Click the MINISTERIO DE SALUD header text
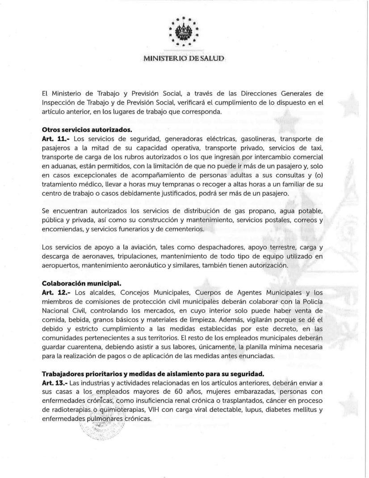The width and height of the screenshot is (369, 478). pos(184,59)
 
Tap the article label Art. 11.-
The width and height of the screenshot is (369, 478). pos(56,139)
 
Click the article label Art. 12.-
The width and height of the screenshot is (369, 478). pos(56,293)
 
